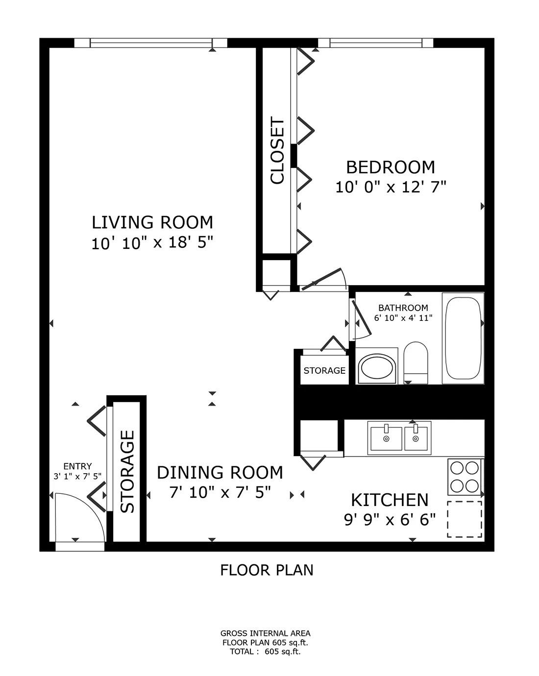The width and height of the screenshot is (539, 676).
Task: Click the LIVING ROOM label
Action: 152,222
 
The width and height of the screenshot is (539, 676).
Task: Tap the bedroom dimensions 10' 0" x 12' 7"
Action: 391,187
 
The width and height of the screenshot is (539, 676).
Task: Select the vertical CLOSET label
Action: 277,150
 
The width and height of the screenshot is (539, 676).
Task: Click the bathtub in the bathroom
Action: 463,338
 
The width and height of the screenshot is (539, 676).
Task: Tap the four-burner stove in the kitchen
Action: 465,477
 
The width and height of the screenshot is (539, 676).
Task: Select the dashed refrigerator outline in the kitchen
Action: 465,519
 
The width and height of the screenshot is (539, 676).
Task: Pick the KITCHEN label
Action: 390,500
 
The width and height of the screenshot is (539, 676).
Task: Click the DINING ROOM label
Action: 220,473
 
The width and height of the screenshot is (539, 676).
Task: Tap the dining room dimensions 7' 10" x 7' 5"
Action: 220,492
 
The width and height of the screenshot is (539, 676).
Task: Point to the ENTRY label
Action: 77,466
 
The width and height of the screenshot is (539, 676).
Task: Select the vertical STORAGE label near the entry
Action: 127,471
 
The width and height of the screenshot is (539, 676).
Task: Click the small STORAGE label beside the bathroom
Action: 324,370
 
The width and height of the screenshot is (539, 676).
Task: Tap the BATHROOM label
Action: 403,308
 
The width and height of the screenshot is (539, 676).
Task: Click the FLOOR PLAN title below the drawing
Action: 267,570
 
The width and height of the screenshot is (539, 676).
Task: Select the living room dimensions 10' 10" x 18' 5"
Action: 152,243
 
